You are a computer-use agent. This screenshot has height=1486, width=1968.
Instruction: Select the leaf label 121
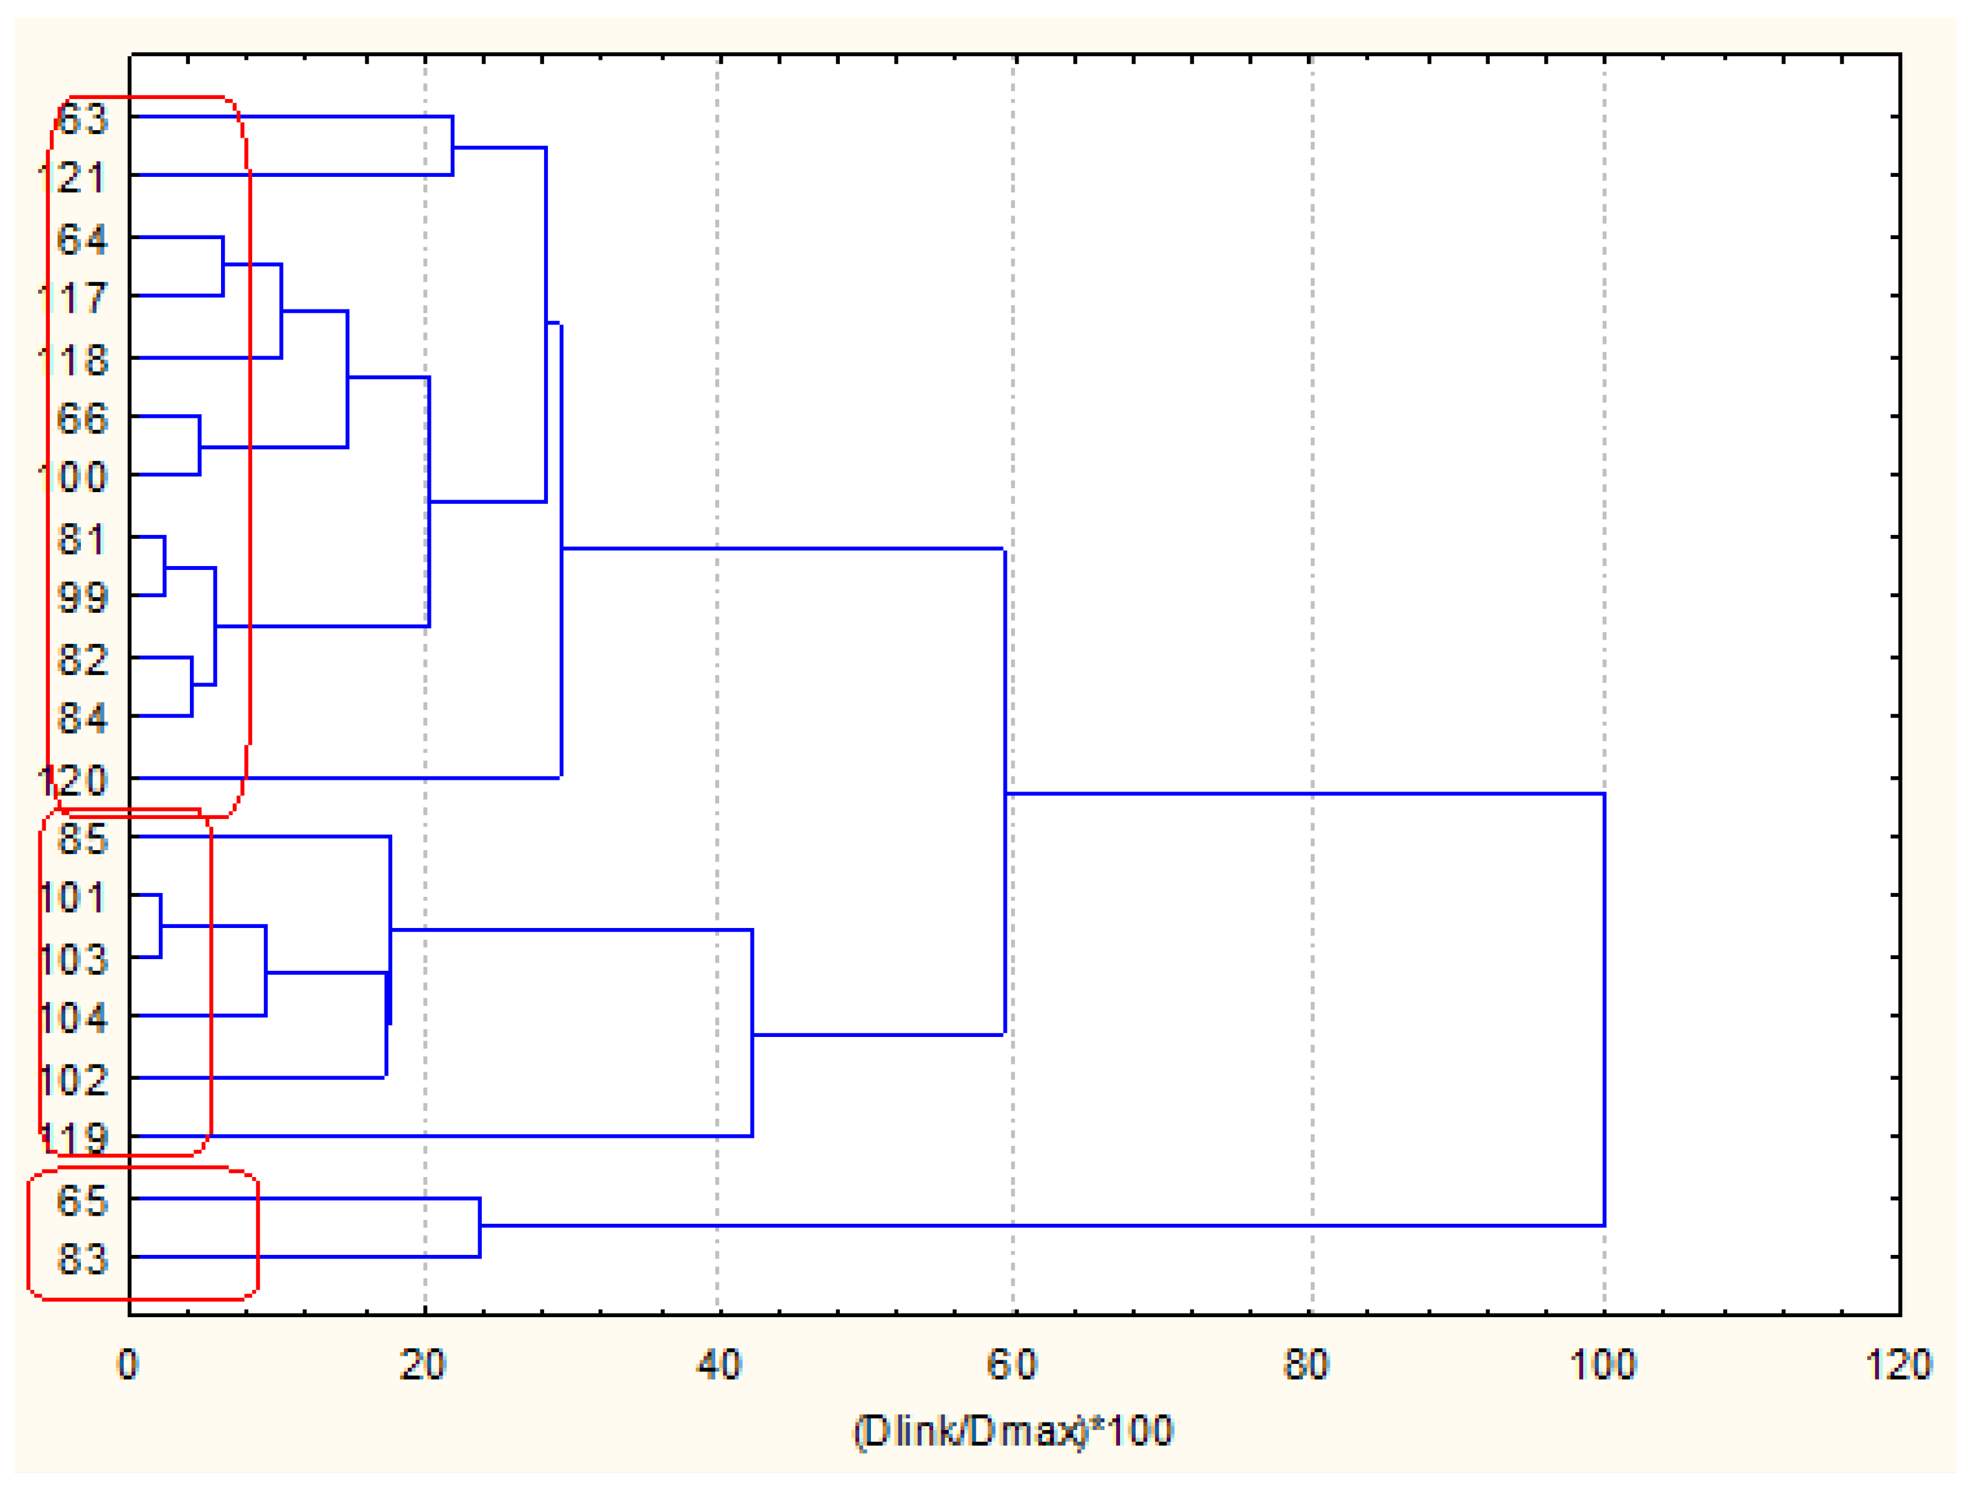(73, 178)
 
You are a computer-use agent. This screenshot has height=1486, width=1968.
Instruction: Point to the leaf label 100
(73, 477)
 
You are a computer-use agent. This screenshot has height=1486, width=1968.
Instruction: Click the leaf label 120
(73, 780)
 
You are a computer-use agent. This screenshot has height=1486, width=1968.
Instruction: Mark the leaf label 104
(73, 1017)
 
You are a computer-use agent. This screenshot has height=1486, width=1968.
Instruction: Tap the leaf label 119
(73, 1138)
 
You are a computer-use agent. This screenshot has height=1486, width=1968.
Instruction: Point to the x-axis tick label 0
(128, 1364)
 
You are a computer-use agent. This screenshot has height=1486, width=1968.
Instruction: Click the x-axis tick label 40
(718, 1364)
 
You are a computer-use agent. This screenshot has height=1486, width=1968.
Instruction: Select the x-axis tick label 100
(1603, 1364)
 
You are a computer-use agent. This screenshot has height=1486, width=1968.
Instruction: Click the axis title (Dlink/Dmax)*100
(1014, 1431)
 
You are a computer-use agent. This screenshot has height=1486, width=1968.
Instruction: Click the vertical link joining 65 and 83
(479, 1228)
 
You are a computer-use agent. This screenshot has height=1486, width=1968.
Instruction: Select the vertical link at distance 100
(1604, 1009)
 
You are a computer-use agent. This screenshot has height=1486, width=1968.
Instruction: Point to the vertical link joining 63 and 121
(453, 146)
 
